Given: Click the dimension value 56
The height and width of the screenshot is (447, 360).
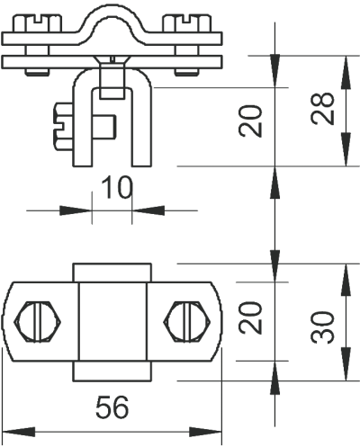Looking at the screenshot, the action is click(112, 407).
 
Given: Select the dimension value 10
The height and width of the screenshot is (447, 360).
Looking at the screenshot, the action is click(116, 188).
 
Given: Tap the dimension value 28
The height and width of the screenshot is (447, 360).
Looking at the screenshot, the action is click(322, 108).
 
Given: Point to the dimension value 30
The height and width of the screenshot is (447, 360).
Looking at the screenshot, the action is click(322, 327).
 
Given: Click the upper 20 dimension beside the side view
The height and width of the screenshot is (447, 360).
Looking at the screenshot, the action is click(250, 121).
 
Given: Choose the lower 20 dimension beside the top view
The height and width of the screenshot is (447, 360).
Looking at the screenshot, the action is click(250, 317).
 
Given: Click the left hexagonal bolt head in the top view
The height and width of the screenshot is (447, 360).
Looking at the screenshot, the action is click(38, 321).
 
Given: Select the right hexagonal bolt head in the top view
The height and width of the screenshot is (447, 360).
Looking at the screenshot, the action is click(186, 321).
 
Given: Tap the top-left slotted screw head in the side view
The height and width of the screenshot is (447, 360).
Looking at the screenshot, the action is click(37, 23).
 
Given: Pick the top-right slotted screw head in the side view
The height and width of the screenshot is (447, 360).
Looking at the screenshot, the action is click(187, 23).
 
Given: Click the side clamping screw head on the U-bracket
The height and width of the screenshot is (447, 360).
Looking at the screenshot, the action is click(63, 126).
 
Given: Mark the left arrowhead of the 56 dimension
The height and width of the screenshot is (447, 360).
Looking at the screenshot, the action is click(19, 432).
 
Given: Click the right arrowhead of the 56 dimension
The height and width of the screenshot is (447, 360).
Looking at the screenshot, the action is click(205, 432).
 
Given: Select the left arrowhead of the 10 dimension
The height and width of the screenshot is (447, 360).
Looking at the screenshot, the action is click(76, 210).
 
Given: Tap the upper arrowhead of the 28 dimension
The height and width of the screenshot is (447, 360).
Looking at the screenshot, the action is click(346, 72).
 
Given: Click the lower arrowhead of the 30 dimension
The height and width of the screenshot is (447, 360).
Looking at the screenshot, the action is click(346, 364).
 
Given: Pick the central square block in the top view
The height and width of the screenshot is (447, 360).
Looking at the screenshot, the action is click(112, 321).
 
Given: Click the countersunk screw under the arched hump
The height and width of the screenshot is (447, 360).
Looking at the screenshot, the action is click(112, 76).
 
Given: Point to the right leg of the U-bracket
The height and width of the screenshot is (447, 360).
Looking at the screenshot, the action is click(141, 126).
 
